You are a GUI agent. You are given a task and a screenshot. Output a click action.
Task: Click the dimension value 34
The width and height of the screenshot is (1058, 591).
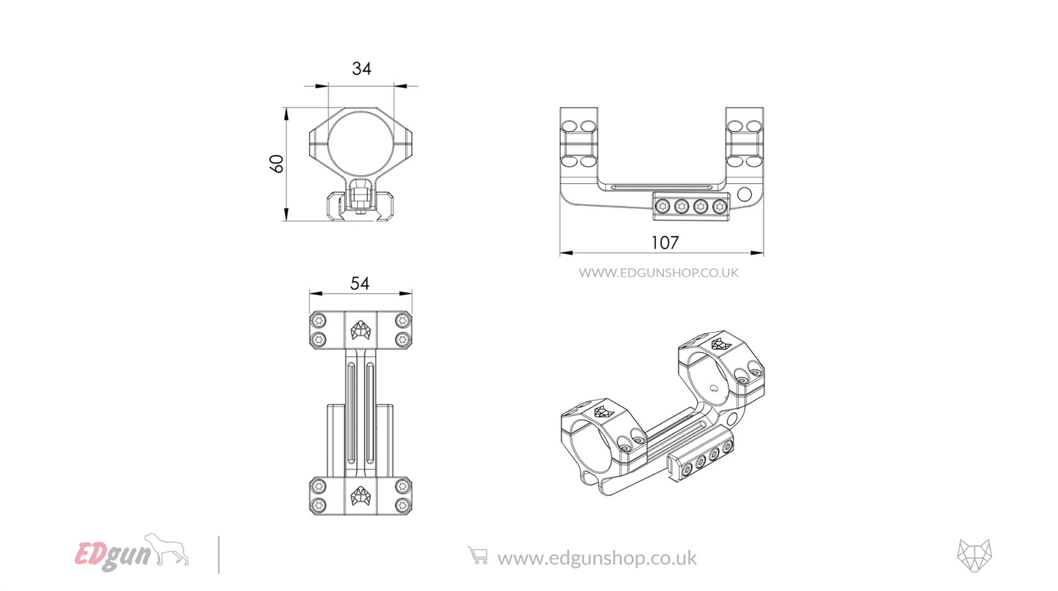pyautogui.click(x=362, y=69)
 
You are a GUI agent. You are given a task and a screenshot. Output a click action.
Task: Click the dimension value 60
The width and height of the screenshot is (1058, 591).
pyautogui.click(x=277, y=163)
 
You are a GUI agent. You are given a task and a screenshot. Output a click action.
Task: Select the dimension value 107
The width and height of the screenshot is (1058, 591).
pyautogui.click(x=664, y=242)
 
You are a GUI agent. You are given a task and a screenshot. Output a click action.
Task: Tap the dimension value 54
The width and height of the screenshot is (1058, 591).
pyautogui.click(x=360, y=283)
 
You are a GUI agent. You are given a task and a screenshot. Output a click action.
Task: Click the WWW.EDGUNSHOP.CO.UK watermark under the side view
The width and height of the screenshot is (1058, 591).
pyautogui.click(x=659, y=272)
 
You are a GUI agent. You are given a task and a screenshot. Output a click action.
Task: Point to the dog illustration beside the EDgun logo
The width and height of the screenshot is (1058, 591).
pyautogui.click(x=168, y=549)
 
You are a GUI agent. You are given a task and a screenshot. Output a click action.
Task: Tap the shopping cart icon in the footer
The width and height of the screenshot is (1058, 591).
pyautogui.click(x=477, y=557)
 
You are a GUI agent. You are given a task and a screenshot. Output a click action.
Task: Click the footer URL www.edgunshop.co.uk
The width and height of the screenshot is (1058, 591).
pyautogui.click(x=597, y=558)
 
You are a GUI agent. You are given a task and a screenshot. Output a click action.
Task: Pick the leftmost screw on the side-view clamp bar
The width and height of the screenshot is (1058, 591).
pyautogui.click(x=663, y=206)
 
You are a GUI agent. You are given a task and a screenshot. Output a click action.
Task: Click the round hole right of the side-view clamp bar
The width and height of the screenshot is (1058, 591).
pyautogui.click(x=745, y=195)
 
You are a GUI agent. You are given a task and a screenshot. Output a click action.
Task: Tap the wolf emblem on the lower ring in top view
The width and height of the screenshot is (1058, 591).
pyautogui.click(x=360, y=496)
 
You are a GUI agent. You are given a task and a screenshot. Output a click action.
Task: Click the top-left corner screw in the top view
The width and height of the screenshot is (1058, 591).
pyautogui.click(x=318, y=321)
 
